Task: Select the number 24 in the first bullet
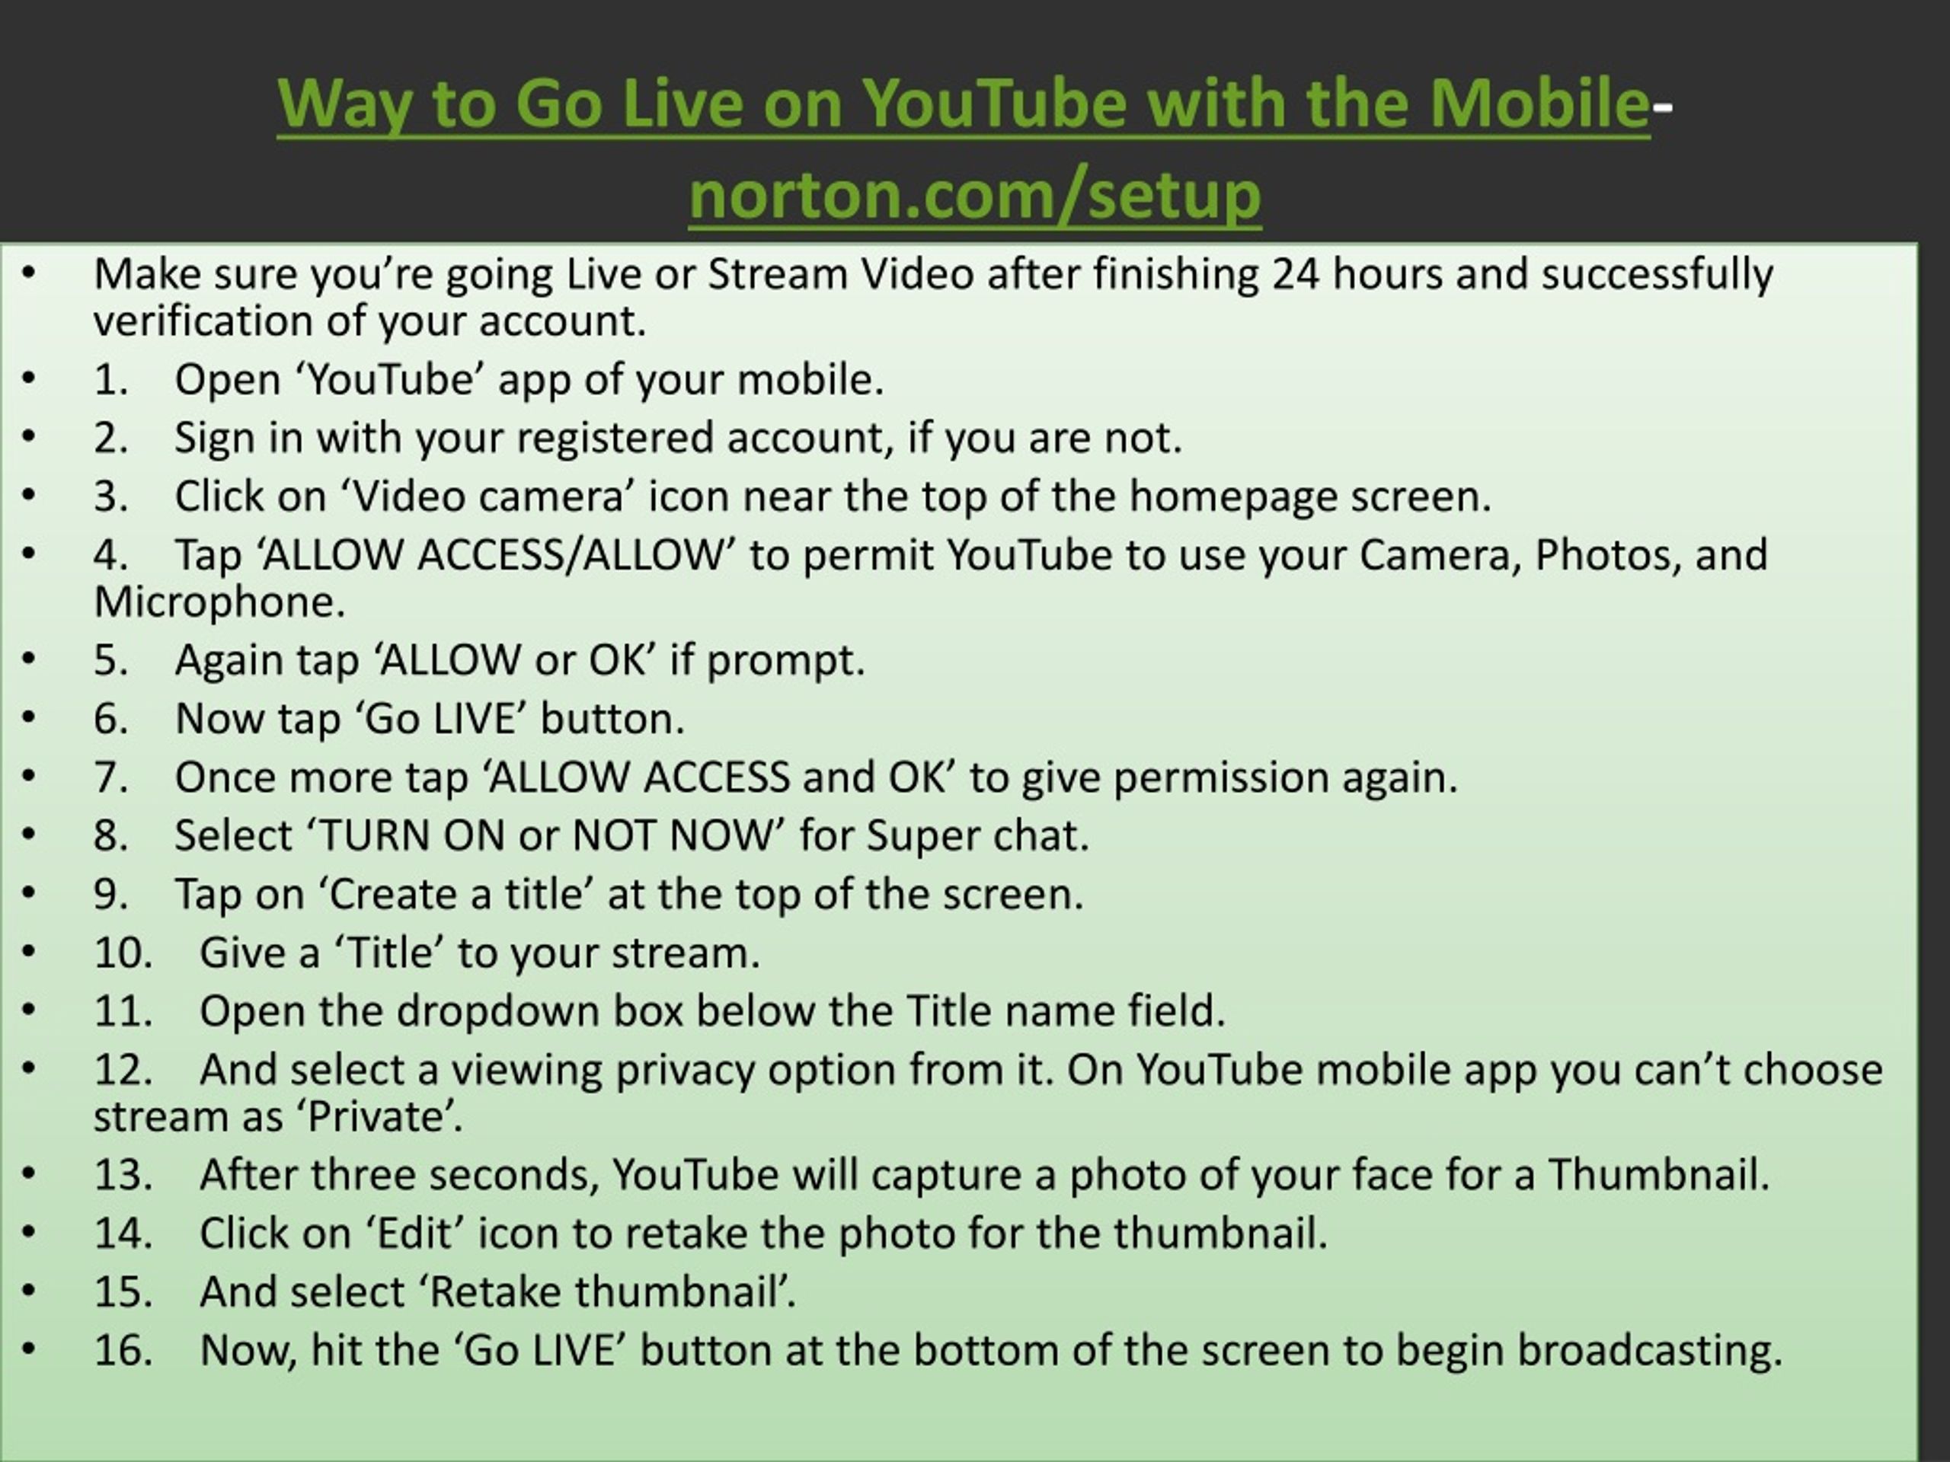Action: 1295,274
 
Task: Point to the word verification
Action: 203,320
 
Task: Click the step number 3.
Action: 110,496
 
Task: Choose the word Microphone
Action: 219,602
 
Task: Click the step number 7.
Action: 110,778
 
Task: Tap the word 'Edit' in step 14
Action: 414,1233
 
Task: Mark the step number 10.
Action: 123,953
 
